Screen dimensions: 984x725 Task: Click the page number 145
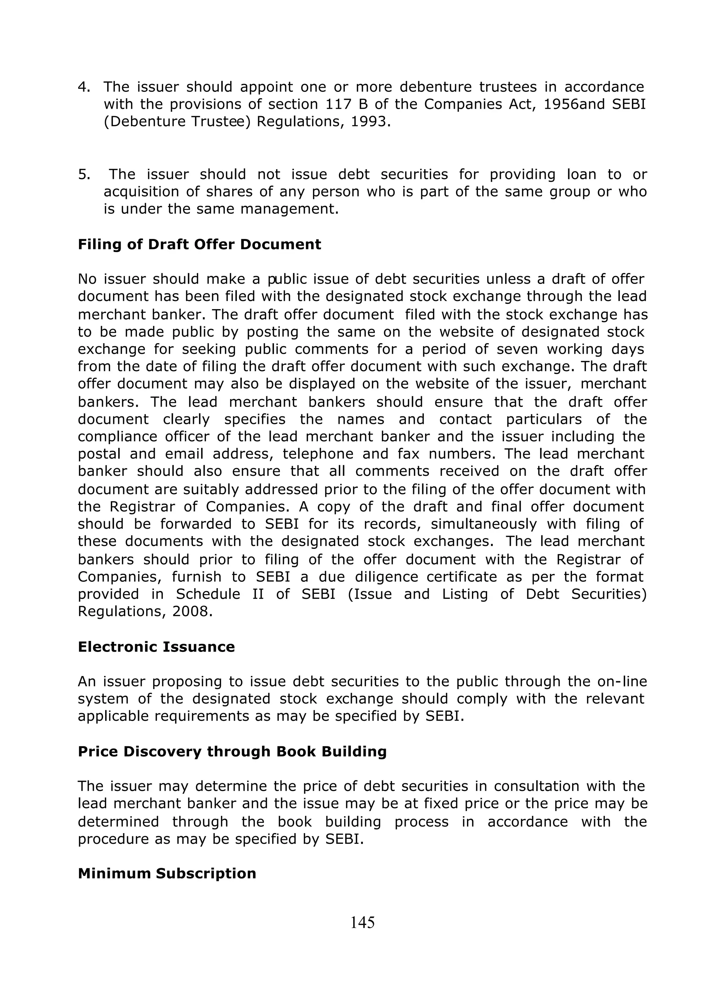tap(362, 923)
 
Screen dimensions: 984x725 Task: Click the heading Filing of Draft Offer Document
tap(199, 244)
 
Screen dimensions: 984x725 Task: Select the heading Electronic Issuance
tap(156, 647)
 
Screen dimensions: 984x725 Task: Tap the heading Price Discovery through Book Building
tap(232, 751)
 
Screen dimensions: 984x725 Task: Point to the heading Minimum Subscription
tap(167, 874)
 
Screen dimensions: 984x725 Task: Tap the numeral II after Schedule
tap(258, 594)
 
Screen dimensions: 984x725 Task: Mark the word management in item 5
tap(289, 209)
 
